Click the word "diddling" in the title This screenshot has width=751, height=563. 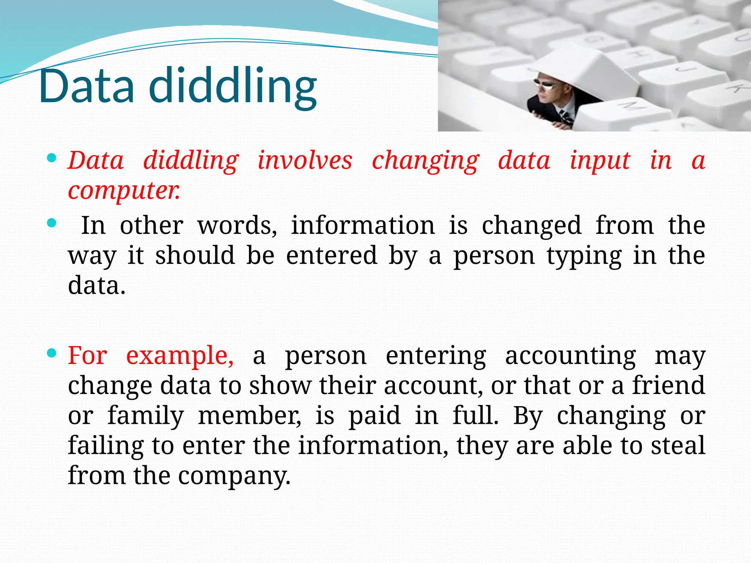tap(233, 87)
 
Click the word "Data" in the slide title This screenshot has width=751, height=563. tap(87, 87)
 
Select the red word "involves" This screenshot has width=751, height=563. tap(305, 161)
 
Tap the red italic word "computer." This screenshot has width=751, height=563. tap(124, 191)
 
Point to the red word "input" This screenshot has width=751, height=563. tap(600, 161)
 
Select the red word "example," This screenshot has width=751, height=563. tap(180, 356)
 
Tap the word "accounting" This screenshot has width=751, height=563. tap(570, 356)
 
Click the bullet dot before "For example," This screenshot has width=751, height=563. tap(52, 353)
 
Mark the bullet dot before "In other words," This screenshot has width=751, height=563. tap(52, 223)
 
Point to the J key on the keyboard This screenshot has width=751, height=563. tap(683, 70)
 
